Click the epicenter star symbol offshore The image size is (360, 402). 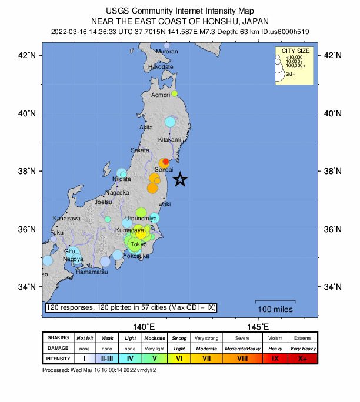pos(181,180)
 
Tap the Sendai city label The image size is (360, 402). pos(164,169)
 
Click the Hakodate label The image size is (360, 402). pos(161,67)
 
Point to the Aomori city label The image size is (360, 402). pos(161,95)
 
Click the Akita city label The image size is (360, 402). pos(146,127)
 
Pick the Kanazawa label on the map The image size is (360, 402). pos(66,218)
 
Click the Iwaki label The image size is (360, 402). pos(164,204)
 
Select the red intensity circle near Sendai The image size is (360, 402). pos(166,161)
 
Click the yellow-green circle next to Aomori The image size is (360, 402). pos(174,93)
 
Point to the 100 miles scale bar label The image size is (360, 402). pos(275,309)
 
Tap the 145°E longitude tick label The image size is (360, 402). pos(258,326)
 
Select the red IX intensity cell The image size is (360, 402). pos(275,358)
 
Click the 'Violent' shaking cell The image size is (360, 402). pos(275,338)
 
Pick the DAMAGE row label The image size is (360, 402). pos(58,348)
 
